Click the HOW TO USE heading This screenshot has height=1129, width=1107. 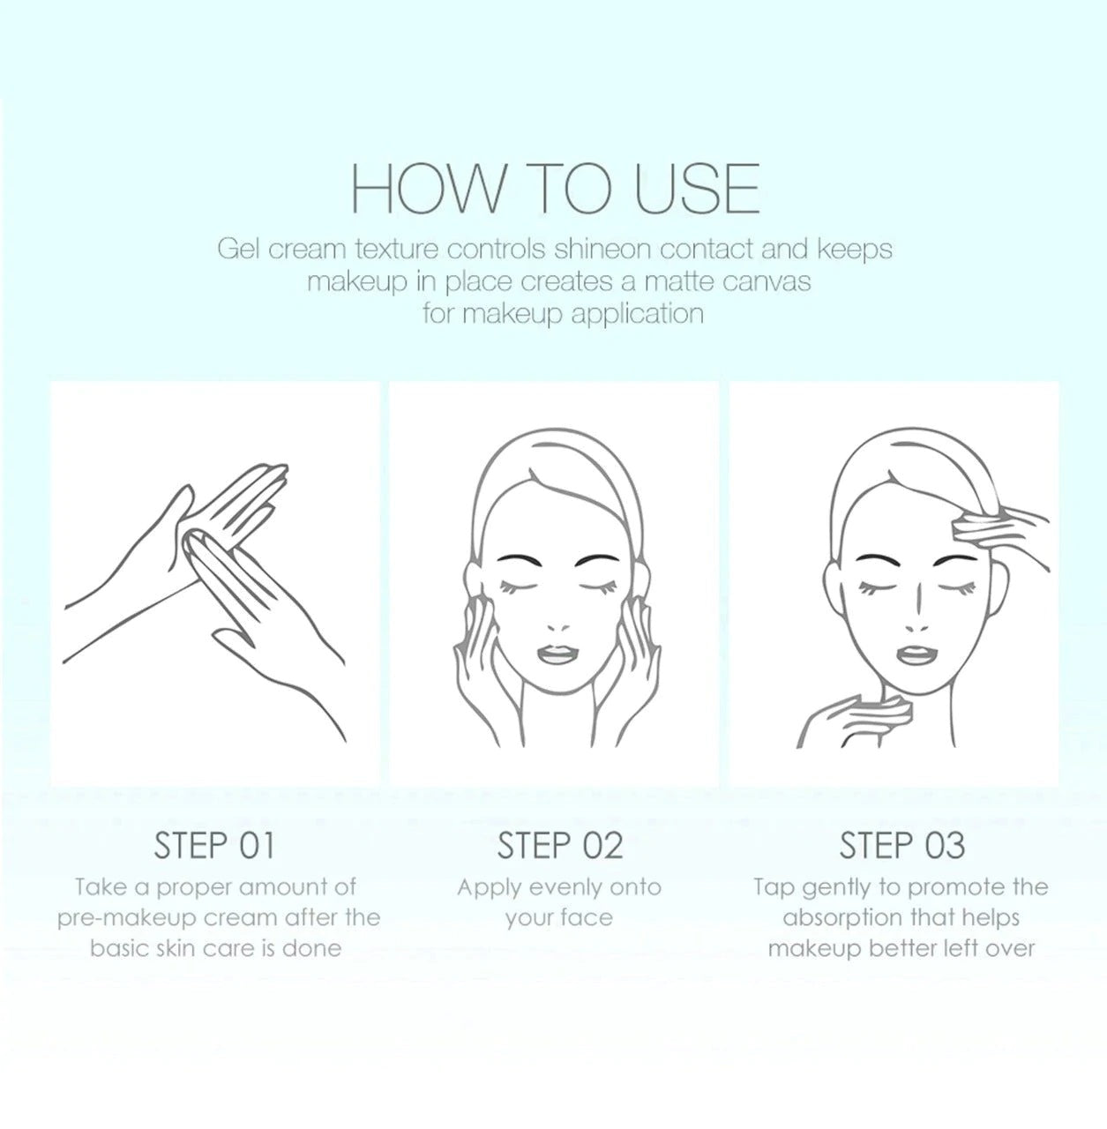point(554,189)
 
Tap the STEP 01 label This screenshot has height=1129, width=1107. point(213,846)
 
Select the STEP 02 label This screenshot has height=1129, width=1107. point(559,846)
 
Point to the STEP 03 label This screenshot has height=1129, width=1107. point(901,846)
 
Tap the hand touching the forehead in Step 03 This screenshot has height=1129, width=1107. point(998,536)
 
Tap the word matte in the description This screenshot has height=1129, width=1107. point(679,281)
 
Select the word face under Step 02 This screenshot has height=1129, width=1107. point(587,918)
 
